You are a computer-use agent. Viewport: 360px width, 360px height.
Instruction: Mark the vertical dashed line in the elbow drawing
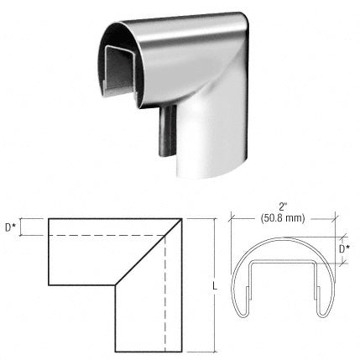pos(165,294)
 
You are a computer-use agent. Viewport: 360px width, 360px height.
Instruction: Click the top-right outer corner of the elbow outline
pos(183,220)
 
